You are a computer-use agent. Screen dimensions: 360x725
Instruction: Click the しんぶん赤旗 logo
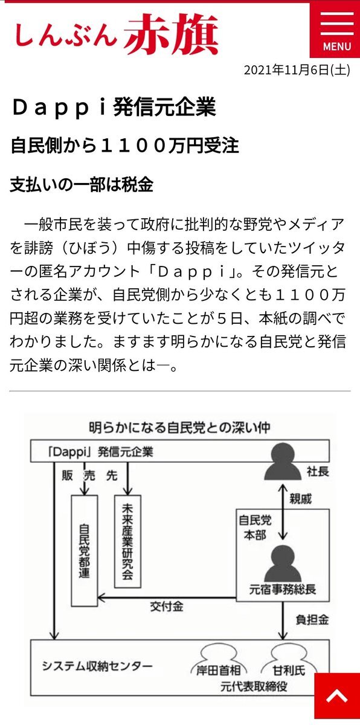point(117,34)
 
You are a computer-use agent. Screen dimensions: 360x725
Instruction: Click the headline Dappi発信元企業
point(114,107)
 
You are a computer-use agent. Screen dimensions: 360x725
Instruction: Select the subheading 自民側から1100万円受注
point(125,146)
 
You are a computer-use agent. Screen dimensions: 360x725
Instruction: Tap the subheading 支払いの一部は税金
point(82,185)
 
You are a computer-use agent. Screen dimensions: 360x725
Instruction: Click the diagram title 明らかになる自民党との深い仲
point(180,428)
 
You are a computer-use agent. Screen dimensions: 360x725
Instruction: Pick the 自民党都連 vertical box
point(85,550)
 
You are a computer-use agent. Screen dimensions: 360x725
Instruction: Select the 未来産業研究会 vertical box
point(128,541)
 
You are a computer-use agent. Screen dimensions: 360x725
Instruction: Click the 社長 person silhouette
point(283,462)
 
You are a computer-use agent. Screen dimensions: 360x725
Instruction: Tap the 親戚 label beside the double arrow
point(300,499)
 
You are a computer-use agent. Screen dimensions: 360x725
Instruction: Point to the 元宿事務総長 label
point(283,590)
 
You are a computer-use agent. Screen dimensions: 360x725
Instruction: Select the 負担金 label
point(312,619)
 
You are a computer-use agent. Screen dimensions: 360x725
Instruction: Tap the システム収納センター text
point(97,666)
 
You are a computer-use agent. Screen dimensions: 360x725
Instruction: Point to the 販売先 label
point(89,475)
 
